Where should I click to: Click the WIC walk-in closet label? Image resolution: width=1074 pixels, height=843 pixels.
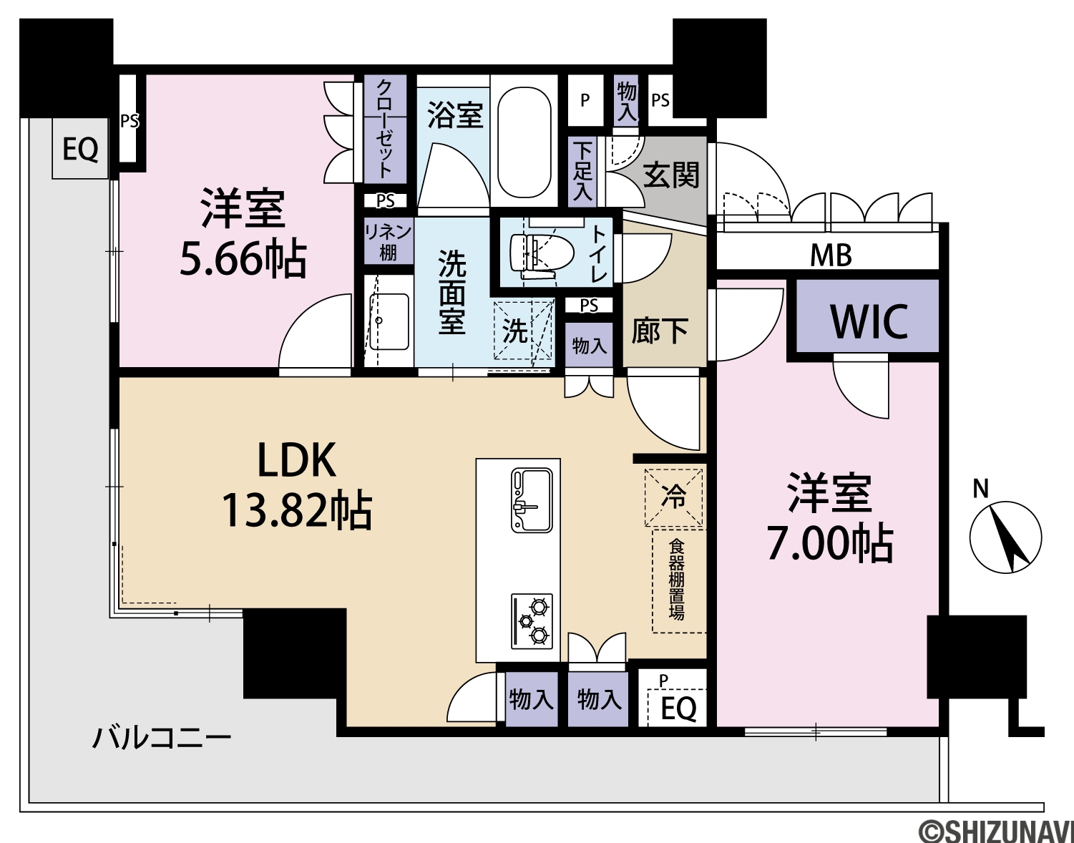click(869, 322)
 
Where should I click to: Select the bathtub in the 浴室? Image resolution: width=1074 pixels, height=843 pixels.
click(524, 143)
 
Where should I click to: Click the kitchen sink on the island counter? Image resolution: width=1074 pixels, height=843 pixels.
click(532, 500)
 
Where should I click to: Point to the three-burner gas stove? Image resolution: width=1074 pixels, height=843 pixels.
click(532, 621)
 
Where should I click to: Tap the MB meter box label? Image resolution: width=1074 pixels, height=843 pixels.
click(831, 256)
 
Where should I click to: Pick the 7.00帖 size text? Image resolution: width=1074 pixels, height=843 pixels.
click(830, 544)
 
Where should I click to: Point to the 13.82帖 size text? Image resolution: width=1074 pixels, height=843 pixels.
click(296, 511)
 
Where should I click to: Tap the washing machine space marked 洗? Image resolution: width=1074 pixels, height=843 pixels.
click(523, 329)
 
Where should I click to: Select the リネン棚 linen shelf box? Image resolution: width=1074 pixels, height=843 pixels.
click(389, 241)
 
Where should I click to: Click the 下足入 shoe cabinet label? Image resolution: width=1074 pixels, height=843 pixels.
click(582, 171)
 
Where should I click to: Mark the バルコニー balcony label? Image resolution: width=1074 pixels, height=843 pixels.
click(162, 739)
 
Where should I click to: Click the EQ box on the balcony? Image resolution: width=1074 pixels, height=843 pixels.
click(81, 148)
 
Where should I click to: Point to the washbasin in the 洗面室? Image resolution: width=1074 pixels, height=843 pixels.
click(389, 321)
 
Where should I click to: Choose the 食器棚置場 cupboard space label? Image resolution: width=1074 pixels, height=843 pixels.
click(676, 580)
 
